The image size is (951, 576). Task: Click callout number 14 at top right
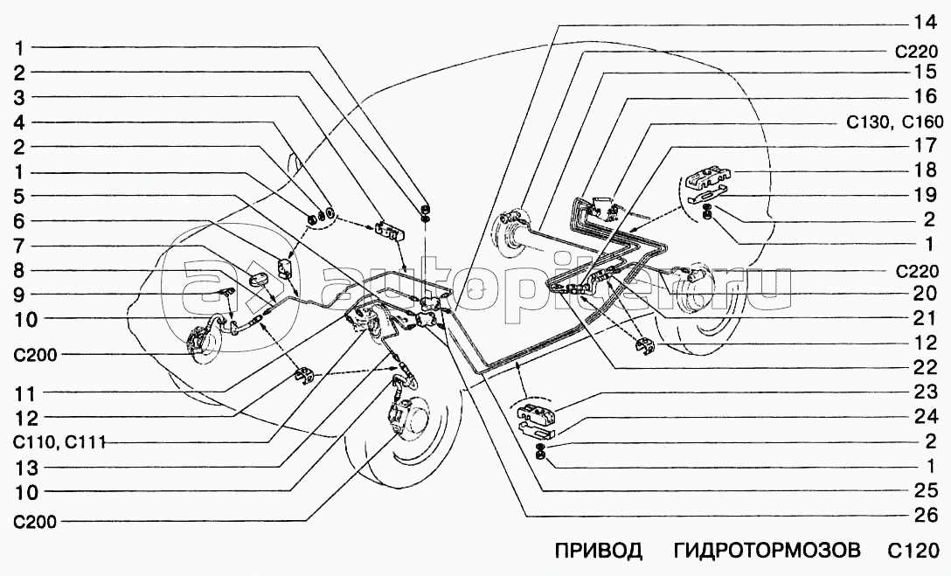click(x=925, y=23)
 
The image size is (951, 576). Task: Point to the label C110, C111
click(x=56, y=442)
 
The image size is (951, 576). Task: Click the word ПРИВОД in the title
click(x=598, y=552)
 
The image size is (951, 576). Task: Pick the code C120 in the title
click(x=913, y=552)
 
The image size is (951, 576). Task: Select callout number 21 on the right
click(x=925, y=318)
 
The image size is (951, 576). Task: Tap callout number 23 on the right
click(x=925, y=392)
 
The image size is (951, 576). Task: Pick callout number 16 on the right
click(x=925, y=96)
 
